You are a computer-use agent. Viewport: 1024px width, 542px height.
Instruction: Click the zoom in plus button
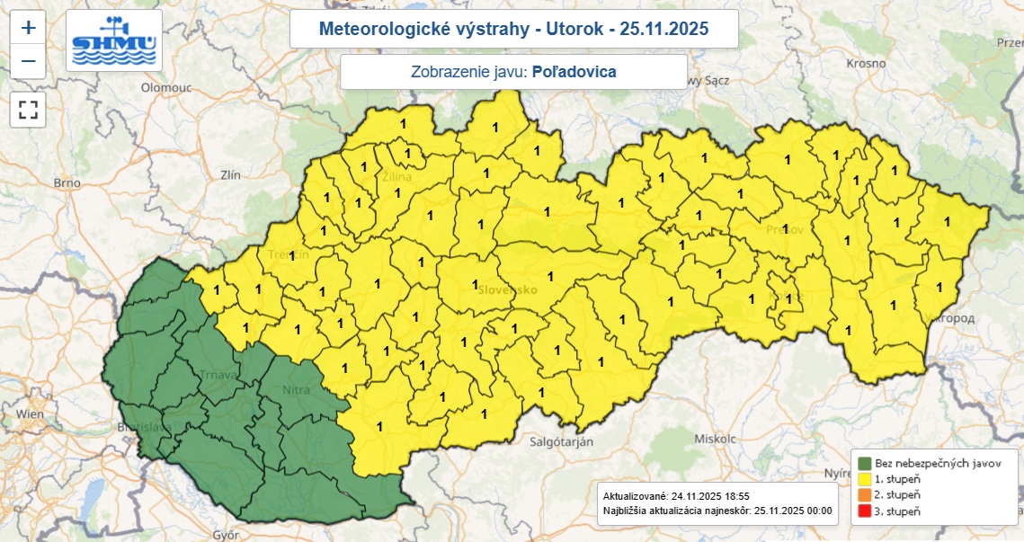click(29, 27)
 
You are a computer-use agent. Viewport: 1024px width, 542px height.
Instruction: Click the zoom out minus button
click(29, 61)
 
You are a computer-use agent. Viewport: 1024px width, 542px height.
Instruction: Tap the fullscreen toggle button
click(29, 110)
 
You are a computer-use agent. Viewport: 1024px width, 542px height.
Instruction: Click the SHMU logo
click(115, 40)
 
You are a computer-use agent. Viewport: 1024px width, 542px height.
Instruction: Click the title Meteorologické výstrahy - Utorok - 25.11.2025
click(513, 29)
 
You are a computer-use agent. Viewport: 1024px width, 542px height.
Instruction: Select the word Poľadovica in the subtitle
click(574, 72)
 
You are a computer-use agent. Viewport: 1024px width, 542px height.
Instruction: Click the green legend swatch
click(865, 463)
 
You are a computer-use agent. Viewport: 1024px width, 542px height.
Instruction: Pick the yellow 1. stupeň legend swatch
click(865, 479)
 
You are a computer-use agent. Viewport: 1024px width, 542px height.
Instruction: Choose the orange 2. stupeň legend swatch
click(865, 495)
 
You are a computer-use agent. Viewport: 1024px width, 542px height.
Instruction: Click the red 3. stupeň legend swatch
click(865, 511)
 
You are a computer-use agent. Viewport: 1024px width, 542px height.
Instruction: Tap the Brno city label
click(67, 182)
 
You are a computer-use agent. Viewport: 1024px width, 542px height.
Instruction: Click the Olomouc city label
click(165, 88)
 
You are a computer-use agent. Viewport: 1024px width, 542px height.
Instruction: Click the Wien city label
click(29, 414)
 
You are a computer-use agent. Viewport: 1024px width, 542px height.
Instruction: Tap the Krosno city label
click(866, 64)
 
